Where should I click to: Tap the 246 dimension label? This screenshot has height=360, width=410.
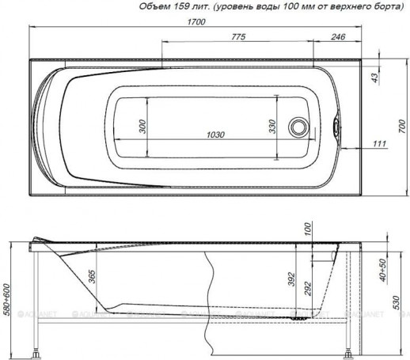[337, 37]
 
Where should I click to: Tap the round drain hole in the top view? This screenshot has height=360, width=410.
[298, 127]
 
